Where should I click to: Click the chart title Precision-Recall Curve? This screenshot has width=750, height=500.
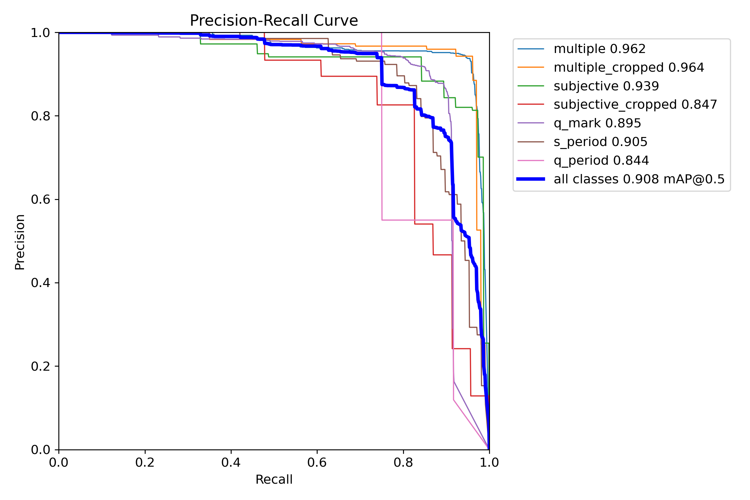tap(274, 21)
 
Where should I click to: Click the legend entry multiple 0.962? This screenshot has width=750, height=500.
tap(599, 49)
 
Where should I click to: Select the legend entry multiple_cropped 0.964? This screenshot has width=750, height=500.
tap(629, 68)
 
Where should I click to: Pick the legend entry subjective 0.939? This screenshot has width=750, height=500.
tap(606, 86)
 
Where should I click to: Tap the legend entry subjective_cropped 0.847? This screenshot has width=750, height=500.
tap(635, 105)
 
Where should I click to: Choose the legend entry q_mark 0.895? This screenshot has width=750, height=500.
tap(597, 123)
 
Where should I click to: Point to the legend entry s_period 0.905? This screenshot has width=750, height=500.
tap(600, 142)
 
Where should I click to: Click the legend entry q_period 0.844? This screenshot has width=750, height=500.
tap(601, 161)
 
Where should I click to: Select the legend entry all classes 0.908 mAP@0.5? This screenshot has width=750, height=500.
tap(639, 179)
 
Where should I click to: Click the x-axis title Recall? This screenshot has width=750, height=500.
tap(274, 480)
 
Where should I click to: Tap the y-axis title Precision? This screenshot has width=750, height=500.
tap(20, 242)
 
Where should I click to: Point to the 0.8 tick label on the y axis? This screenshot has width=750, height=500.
tap(40, 116)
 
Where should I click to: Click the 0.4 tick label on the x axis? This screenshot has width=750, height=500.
tap(231, 463)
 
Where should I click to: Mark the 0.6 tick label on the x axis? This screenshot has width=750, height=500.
tap(317, 463)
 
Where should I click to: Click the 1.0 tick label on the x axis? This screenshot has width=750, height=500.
tap(489, 463)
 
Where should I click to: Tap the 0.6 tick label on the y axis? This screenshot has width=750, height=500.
tap(40, 200)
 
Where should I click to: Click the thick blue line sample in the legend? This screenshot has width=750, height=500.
tap(531, 179)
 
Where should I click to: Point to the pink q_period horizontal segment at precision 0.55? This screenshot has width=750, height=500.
tap(417, 220)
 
